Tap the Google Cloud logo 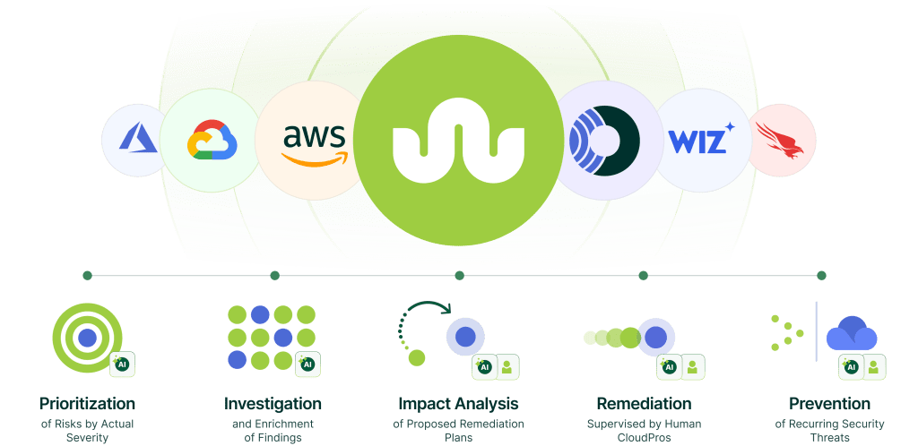pos(210,141)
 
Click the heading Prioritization pos(87,404)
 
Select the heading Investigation pos(273,404)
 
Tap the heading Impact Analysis pos(458,404)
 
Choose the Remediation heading pos(644,404)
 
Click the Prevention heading pos(829,404)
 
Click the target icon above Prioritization pos(86,338)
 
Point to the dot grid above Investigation pos(271,337)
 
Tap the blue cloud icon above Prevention pos(851,335)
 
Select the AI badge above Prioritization pos(122,365)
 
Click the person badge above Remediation pos(692,365)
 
